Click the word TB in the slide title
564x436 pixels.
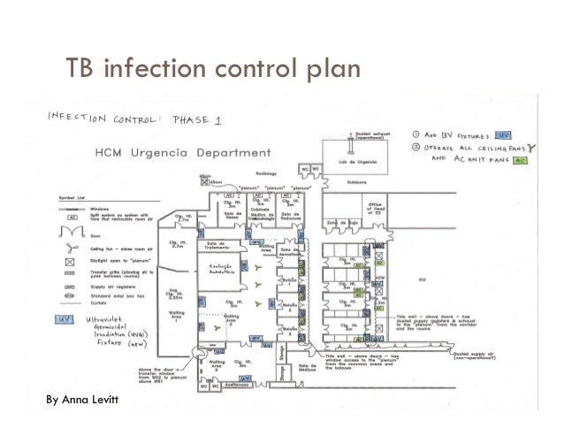(83, 68)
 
